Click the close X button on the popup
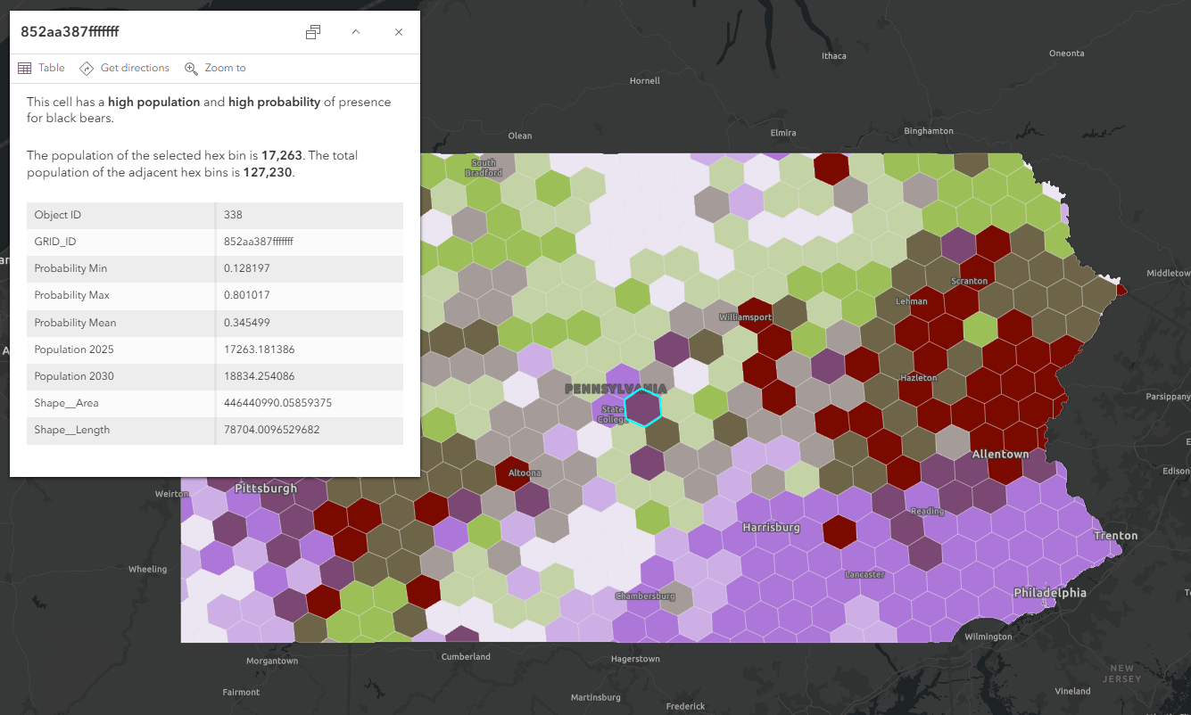[399, 32]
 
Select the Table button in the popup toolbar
[42, 68]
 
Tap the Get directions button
[125, 68]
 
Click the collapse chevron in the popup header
[355, 32]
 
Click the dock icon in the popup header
[313, 32]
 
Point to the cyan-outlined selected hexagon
[642, 407]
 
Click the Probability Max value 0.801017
[247, 295]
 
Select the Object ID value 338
[234, 215]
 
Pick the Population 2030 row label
[75, 376]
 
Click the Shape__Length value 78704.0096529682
[271, 430]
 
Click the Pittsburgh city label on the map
[266, 489]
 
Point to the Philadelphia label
[1050, 593]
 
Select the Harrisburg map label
[772, 527]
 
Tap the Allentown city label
[1000, 454]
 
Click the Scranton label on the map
[969, 281]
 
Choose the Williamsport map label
[745, 316]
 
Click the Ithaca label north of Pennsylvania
[833, 56]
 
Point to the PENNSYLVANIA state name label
[616, 389]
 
